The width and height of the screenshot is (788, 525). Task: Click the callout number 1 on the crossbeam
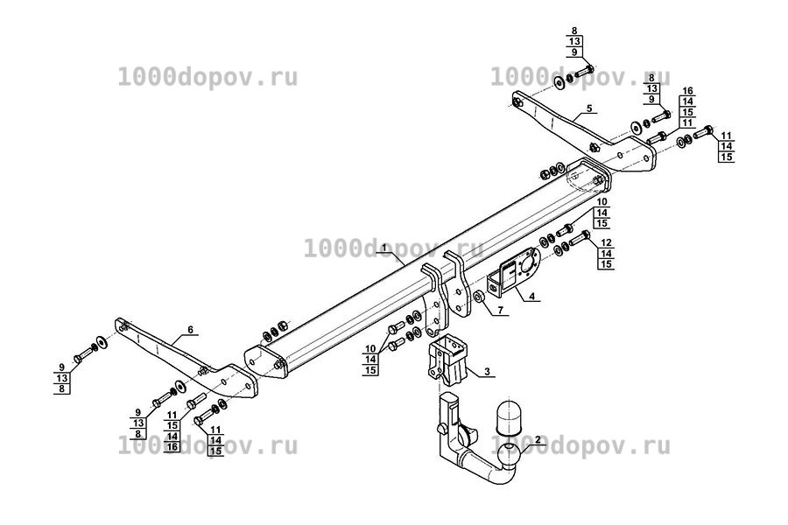click(384, 248)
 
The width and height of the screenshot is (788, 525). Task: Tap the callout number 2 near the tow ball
click(538, 439)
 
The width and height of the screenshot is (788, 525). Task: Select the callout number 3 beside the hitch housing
click(487, 372)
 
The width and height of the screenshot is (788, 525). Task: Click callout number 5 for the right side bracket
click(589, 108)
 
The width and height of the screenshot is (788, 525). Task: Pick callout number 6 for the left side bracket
click(191, 330)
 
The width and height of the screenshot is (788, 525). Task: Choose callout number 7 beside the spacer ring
click(501, 311)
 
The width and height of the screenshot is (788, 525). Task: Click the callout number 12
click(606, 242)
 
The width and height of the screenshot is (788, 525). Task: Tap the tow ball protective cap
click(508, 416)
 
